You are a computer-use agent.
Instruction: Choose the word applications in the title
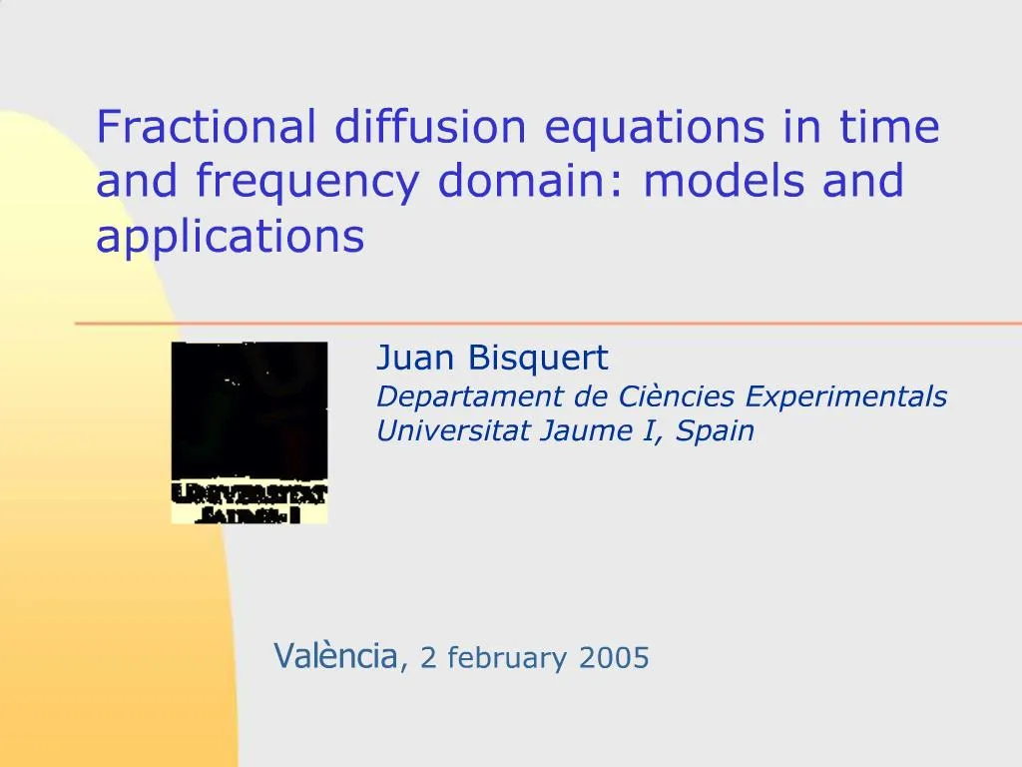point(231,238)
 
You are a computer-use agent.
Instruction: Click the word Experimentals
point(846,397)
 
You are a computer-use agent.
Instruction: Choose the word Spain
point(716,432)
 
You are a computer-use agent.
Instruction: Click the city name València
point(335,657)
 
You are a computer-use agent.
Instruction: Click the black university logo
point(250,432)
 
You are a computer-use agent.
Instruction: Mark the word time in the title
point(889,127)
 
